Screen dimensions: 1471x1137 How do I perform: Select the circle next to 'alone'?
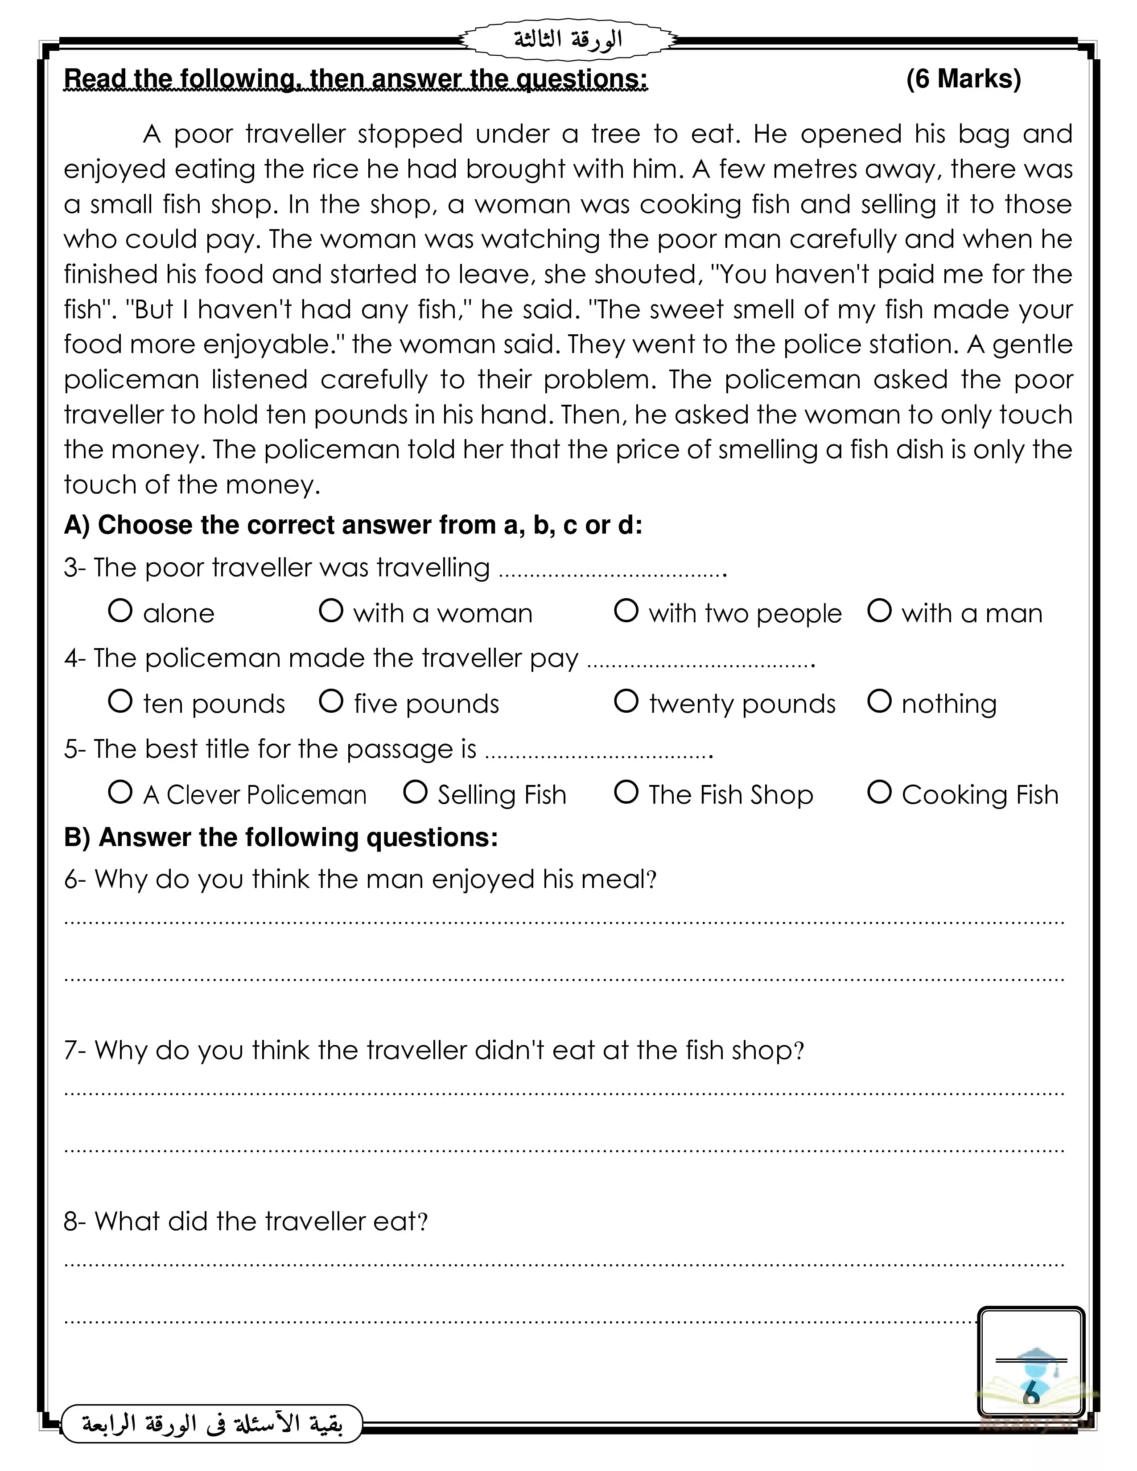tap(120, 611)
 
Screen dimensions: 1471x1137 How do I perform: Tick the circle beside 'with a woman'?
tap(331, 611)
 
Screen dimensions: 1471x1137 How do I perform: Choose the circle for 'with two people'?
tap(626, 611)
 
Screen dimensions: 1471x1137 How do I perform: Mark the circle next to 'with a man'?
tap(879, 611)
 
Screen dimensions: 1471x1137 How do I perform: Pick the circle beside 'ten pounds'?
tap(120, 701)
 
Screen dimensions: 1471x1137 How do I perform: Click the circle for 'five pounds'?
tap(331, 701)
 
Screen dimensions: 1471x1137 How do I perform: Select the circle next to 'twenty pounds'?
tap(626, 701)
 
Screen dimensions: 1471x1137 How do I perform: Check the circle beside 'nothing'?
tap(879, 701)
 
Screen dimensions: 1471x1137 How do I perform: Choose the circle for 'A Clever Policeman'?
tap(120, 792)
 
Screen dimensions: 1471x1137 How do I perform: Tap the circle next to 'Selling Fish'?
tap(415, 792)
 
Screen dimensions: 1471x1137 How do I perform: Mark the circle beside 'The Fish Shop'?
tap(626, 792)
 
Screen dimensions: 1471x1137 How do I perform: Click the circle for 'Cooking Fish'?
tap(879, 792)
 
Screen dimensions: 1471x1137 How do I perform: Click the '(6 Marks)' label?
tap(963, 79)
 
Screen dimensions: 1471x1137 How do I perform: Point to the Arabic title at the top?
tap(568, 40)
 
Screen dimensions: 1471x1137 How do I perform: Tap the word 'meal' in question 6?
tap(616, 879)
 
